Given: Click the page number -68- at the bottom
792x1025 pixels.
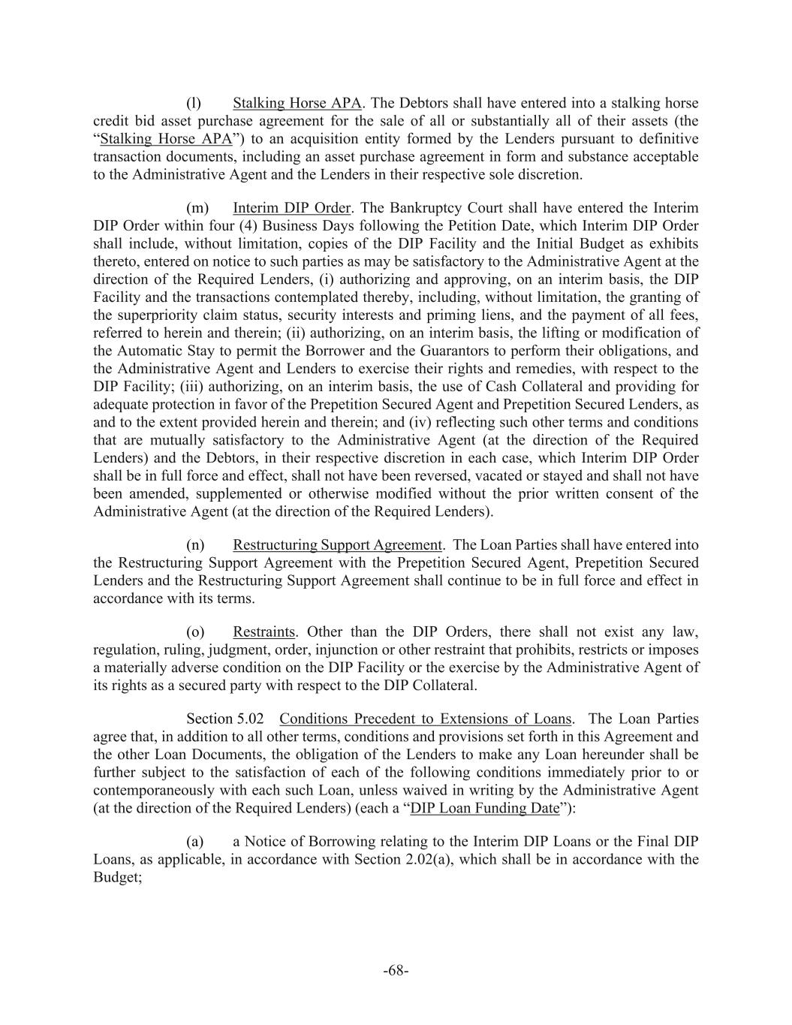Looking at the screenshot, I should tap(396, 970).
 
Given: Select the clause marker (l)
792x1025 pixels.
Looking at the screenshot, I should tap(194, 103).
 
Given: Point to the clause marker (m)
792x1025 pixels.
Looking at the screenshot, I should tap(195, 207).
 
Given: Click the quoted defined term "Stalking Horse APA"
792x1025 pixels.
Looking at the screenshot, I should tap(166, 139).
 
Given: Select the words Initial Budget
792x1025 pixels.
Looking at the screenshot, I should tap(559, 244).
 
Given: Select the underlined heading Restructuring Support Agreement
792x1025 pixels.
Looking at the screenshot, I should tap(337, 544).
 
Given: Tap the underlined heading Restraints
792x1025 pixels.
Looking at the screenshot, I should tap(263, 632).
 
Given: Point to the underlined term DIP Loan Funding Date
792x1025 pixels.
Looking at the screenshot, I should tap(485, 808).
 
